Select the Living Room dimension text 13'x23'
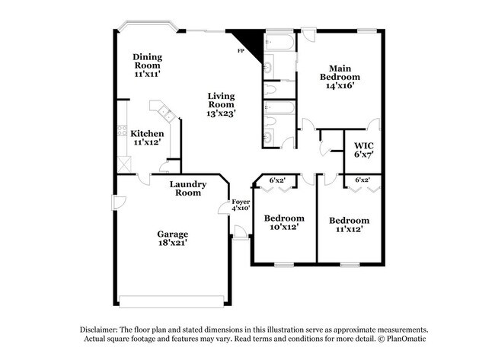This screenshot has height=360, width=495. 221,113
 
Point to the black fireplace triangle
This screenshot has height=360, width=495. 247,40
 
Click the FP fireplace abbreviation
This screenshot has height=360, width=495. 240,50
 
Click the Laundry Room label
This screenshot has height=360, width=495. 185,188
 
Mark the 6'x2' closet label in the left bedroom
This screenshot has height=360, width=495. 278,180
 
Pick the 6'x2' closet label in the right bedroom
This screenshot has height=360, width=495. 363,180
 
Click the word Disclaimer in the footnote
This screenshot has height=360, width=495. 103,328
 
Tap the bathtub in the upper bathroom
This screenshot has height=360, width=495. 279,42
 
